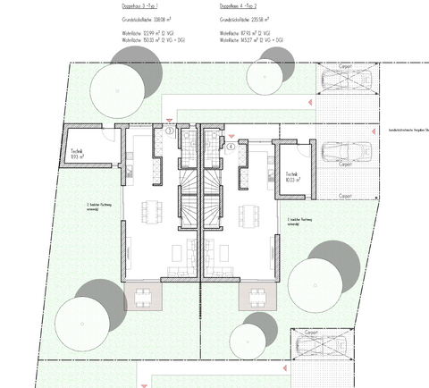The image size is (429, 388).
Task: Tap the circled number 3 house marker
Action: pyautogui.click(x=169, y=132)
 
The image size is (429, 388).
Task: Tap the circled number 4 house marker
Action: pyautogui.click(x=230, y=145)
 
